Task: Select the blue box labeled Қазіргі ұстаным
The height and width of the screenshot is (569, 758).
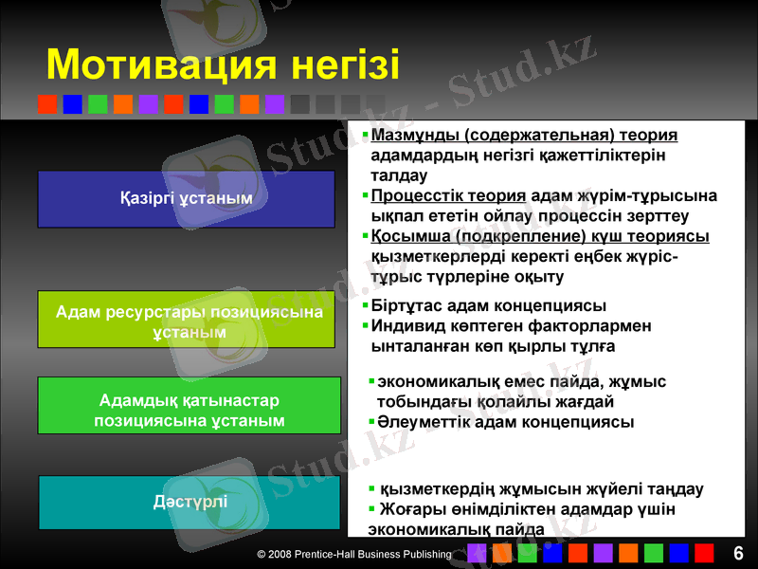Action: pyautogui.click(x=187, y=198)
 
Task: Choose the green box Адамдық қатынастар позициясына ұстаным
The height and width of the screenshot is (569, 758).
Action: pyautogui.click(x=189, y=405)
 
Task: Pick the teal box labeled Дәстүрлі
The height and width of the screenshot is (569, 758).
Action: pyautogui.click(x=189, y=502)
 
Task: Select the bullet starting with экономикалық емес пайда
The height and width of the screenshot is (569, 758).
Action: pyautogui.click(x=521, y=382)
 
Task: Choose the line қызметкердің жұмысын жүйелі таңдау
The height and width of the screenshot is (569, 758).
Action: pyautogui.click(x=541, y=489)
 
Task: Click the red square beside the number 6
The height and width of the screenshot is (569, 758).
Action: pyautogui.click(x=704, y=553)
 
